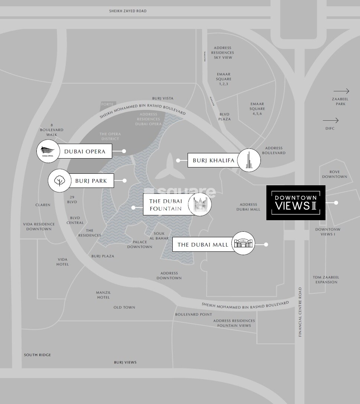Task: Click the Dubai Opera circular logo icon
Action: coord(48,151)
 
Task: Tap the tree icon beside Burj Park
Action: coord(59,181)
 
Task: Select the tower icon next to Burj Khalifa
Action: coord(249,160)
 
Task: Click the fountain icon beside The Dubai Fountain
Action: coord(200,204)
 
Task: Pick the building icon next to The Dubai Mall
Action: coord(243,243)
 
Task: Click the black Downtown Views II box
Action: coord(296,203)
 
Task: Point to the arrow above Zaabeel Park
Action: coord(341,91)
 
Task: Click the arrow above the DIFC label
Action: coord(331,120)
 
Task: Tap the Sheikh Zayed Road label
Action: coord(128,11)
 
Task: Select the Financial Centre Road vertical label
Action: coord(300,312)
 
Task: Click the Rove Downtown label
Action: coord(335,174)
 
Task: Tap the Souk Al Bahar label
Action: coord(159,236)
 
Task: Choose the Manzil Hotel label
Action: coord(103,295)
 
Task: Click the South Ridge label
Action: coord(38,355)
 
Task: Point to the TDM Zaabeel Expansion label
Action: coord(326,280)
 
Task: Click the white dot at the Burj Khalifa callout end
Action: coord(178,160)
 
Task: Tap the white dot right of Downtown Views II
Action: coord(336,203)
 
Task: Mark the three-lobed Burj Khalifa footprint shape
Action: coord(169,168)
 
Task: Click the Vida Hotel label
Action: coord(63,262)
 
